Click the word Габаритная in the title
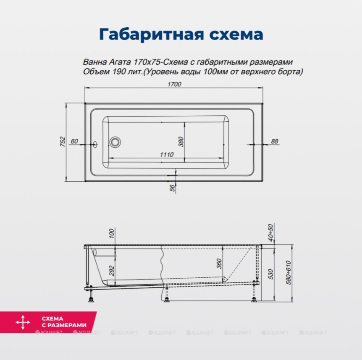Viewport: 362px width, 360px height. tap(152, 34)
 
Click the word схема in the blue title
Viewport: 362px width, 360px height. tap(236, 34)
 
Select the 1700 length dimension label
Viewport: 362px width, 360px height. tap(174, 84)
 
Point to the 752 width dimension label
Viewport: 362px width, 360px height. tap(63, 141)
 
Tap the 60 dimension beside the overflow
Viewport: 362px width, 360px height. tap(74, 141)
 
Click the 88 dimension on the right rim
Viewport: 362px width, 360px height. tap(275, 141)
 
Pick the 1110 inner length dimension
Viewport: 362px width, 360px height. tap(167, 154)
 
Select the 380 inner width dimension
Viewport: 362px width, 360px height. tap(181, 141)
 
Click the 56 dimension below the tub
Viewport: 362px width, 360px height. tap(173, 188)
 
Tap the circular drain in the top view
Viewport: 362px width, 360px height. tap(115, 142)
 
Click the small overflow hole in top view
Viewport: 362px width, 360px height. tap(95, 144)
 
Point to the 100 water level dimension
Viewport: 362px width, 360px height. tap(112, 233)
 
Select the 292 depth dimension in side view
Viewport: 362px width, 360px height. tap(112, 271)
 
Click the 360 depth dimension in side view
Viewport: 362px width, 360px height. tap(219, 263)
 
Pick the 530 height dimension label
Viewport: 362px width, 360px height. tap(270, 274)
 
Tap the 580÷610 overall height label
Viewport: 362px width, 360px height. tap(289, 273)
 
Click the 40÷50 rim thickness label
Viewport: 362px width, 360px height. tap(270, 233)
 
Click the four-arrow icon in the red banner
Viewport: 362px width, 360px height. tap(23, 322)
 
